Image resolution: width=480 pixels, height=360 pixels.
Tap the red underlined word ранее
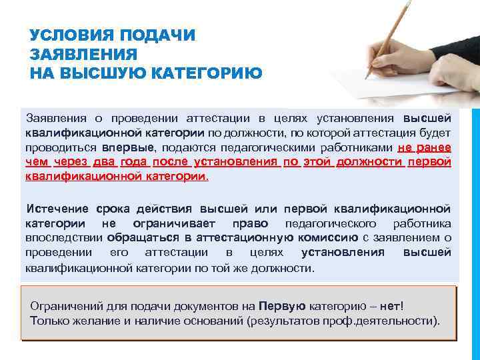coord(434,147)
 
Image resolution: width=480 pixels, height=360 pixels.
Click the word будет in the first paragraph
coord(436,133)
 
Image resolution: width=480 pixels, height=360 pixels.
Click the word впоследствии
coord(63,237)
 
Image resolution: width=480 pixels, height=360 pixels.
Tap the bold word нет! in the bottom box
coord(391,306)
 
